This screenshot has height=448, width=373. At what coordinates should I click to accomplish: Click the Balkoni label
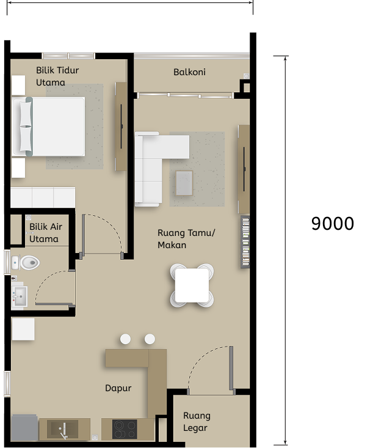pyautogui.click(x=189, y=72)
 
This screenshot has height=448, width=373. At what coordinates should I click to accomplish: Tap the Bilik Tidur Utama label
pyautogui.click(x=57, y=76)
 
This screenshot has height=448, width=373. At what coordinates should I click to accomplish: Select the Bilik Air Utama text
pyautogui.click(x=46, y=233)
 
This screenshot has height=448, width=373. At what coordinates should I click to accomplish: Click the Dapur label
pyautogui.click(x=118, y=388)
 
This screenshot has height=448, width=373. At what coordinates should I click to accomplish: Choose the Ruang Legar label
pyautogui.click(x=197, y=422)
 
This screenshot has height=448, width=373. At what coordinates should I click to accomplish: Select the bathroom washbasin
pyautogui.click(x=20, y=298)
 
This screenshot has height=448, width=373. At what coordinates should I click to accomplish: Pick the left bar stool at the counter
pyautogui.click(x=125, y=339)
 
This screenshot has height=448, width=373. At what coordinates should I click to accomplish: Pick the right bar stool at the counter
pyautogui.click(x=150, y=339)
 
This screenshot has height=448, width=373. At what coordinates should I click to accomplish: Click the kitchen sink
pyautogui.click(x=64, y=429)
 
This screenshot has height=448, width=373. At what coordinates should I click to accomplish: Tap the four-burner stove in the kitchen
pyautogui.click(x=125, y=429)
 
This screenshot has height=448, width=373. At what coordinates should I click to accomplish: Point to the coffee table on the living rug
pyautogui.click(x=184, y=182)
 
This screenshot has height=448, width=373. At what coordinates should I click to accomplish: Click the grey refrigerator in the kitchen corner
pyautogui.click(x=24, y=427)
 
